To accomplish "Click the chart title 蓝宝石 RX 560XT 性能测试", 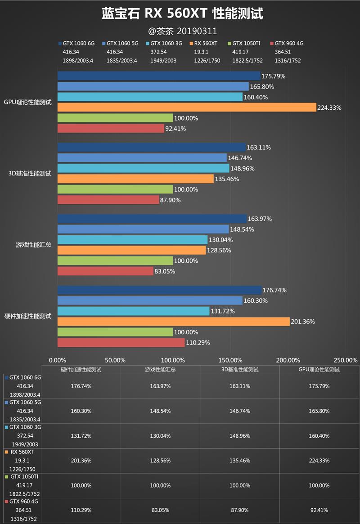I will point(182,13).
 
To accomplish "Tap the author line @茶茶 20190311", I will point(182,31).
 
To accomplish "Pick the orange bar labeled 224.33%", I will point(187,107).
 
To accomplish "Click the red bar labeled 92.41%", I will point(111,129).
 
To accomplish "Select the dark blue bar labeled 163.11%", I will point(151,148).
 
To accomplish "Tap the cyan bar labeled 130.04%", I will point(132,240).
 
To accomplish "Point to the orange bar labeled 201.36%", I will point(173,322).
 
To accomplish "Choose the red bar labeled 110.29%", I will point(121,343).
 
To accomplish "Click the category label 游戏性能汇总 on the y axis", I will point(34,245).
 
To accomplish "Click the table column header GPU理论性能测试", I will point(319,369).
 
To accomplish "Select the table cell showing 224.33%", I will point(319,461).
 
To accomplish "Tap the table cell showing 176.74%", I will point(81,386).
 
